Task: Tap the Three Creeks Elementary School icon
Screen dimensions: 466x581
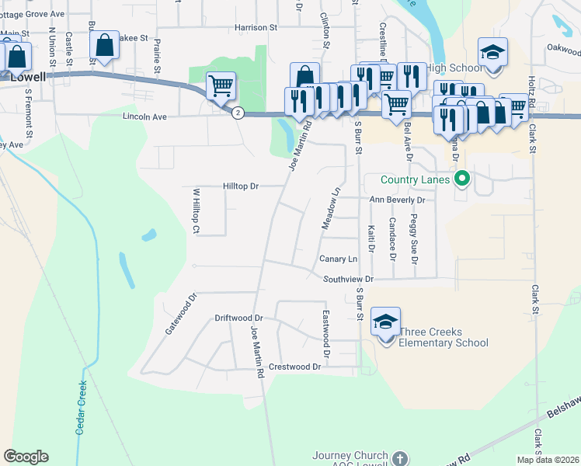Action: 386,322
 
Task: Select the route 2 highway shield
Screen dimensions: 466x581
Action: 238,113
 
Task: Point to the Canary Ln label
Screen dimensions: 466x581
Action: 338,259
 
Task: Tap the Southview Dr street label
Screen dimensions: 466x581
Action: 349,279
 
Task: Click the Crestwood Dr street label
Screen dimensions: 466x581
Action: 294,367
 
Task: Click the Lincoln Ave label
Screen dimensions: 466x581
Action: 144,117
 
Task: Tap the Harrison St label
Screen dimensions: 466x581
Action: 256,27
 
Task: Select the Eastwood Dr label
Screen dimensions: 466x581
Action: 326,335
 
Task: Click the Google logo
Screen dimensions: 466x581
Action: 26,457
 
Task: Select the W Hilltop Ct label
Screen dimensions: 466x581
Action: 196,211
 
